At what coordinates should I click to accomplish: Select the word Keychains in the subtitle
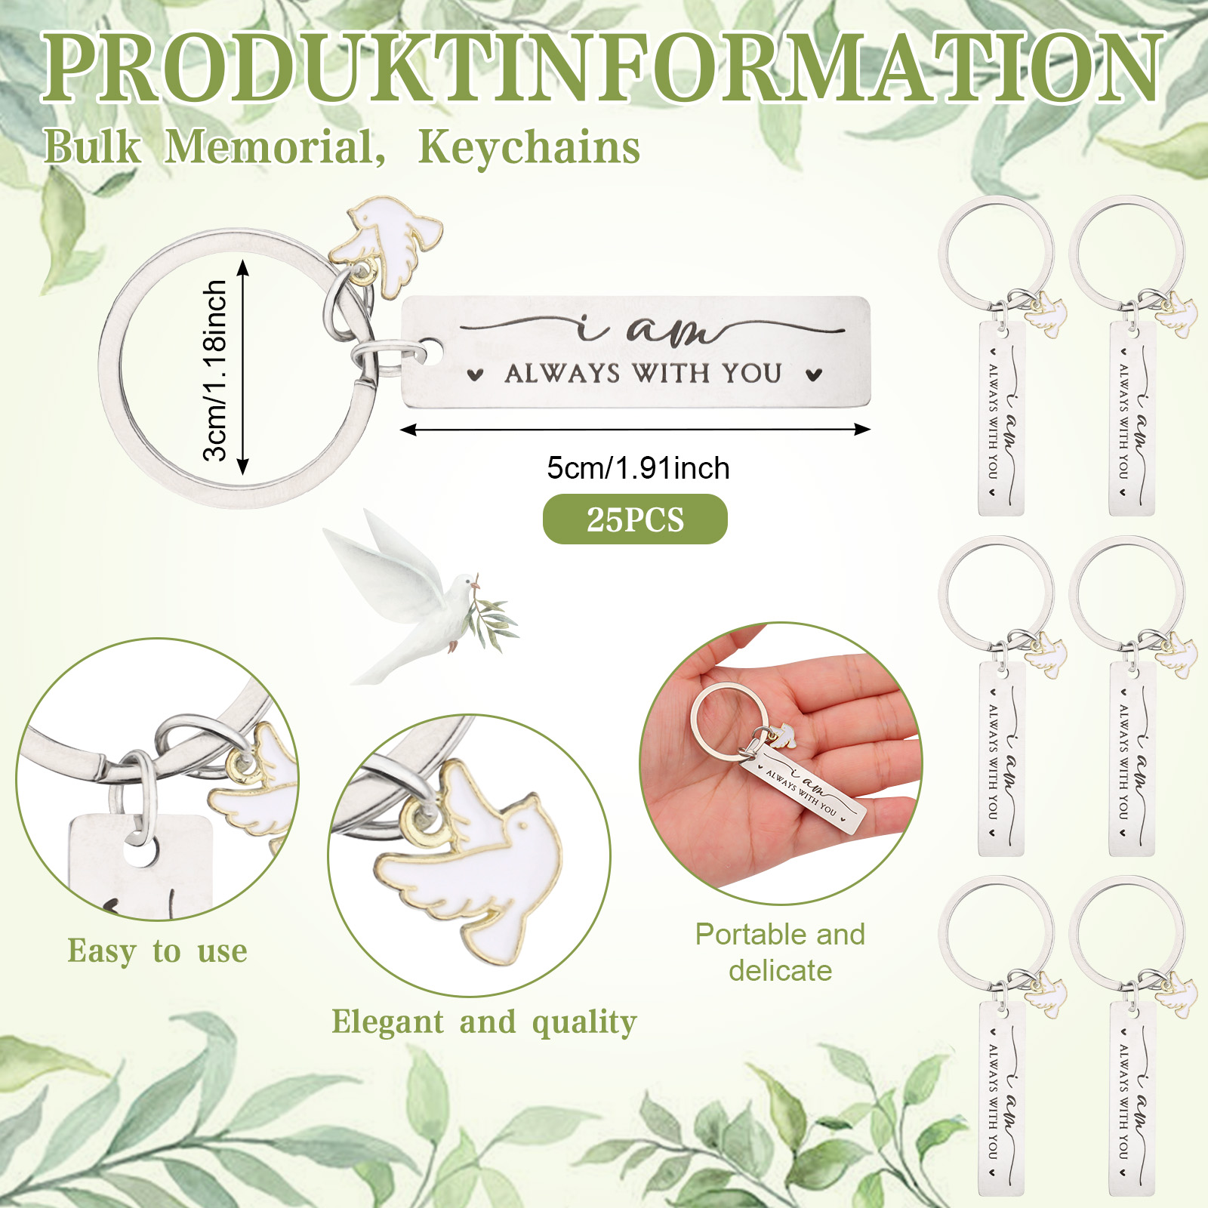tap(529, 146)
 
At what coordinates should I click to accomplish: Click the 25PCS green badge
tap(635, 519)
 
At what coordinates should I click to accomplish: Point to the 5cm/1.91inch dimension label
tap(638, 468)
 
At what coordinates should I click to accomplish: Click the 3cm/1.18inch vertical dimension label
tap(215, 370)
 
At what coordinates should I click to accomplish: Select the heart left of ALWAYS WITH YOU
tap(474, 374)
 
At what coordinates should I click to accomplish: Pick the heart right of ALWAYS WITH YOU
tap(813, 374)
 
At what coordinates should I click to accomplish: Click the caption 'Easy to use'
tap(157, 951)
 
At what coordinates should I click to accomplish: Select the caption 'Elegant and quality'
tap(484, 1022)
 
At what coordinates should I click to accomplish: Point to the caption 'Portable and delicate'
tap(780, 952)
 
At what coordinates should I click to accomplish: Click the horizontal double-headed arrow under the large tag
tap(635, 430)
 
